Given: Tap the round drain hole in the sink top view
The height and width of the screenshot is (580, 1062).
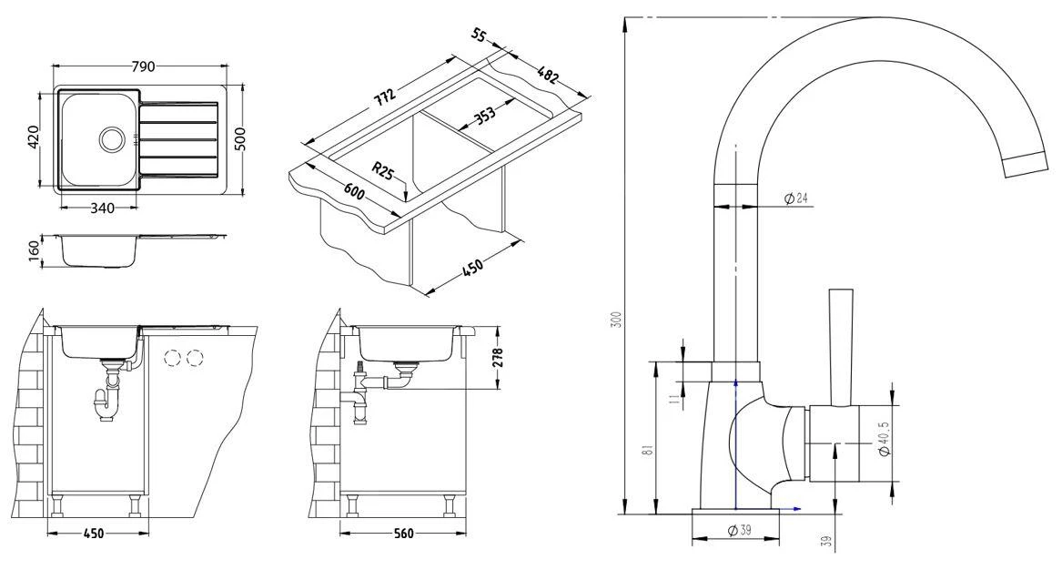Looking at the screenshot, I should pos(111,138).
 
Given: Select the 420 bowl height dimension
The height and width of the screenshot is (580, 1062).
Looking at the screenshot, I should pos(32,138).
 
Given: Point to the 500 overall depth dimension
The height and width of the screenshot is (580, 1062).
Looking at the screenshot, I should pos(241,139).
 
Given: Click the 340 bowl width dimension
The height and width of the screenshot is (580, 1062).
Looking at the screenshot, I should pos(102,209).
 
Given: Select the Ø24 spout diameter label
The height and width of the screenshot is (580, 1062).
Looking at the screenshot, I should pos(795,198).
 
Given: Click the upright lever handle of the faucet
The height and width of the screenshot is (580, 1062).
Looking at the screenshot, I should pos(839,346).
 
